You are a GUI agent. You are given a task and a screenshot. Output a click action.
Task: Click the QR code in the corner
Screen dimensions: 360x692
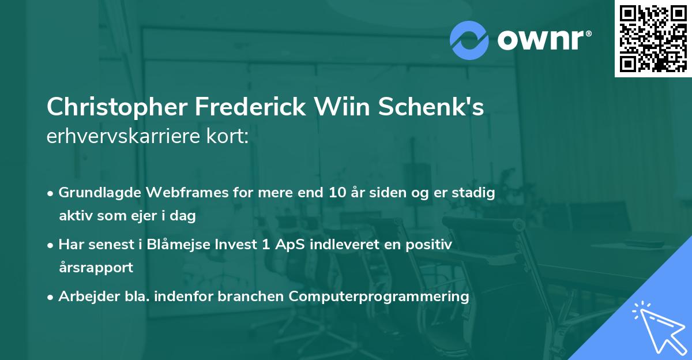pyautogui.click(x=653, y=39)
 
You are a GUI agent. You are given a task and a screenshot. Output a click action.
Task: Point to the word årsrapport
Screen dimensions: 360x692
pyautogui.click(x=96, y=267)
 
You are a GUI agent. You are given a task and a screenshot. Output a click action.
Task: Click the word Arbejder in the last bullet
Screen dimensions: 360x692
pyautogui.click(x=84, y=297)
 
